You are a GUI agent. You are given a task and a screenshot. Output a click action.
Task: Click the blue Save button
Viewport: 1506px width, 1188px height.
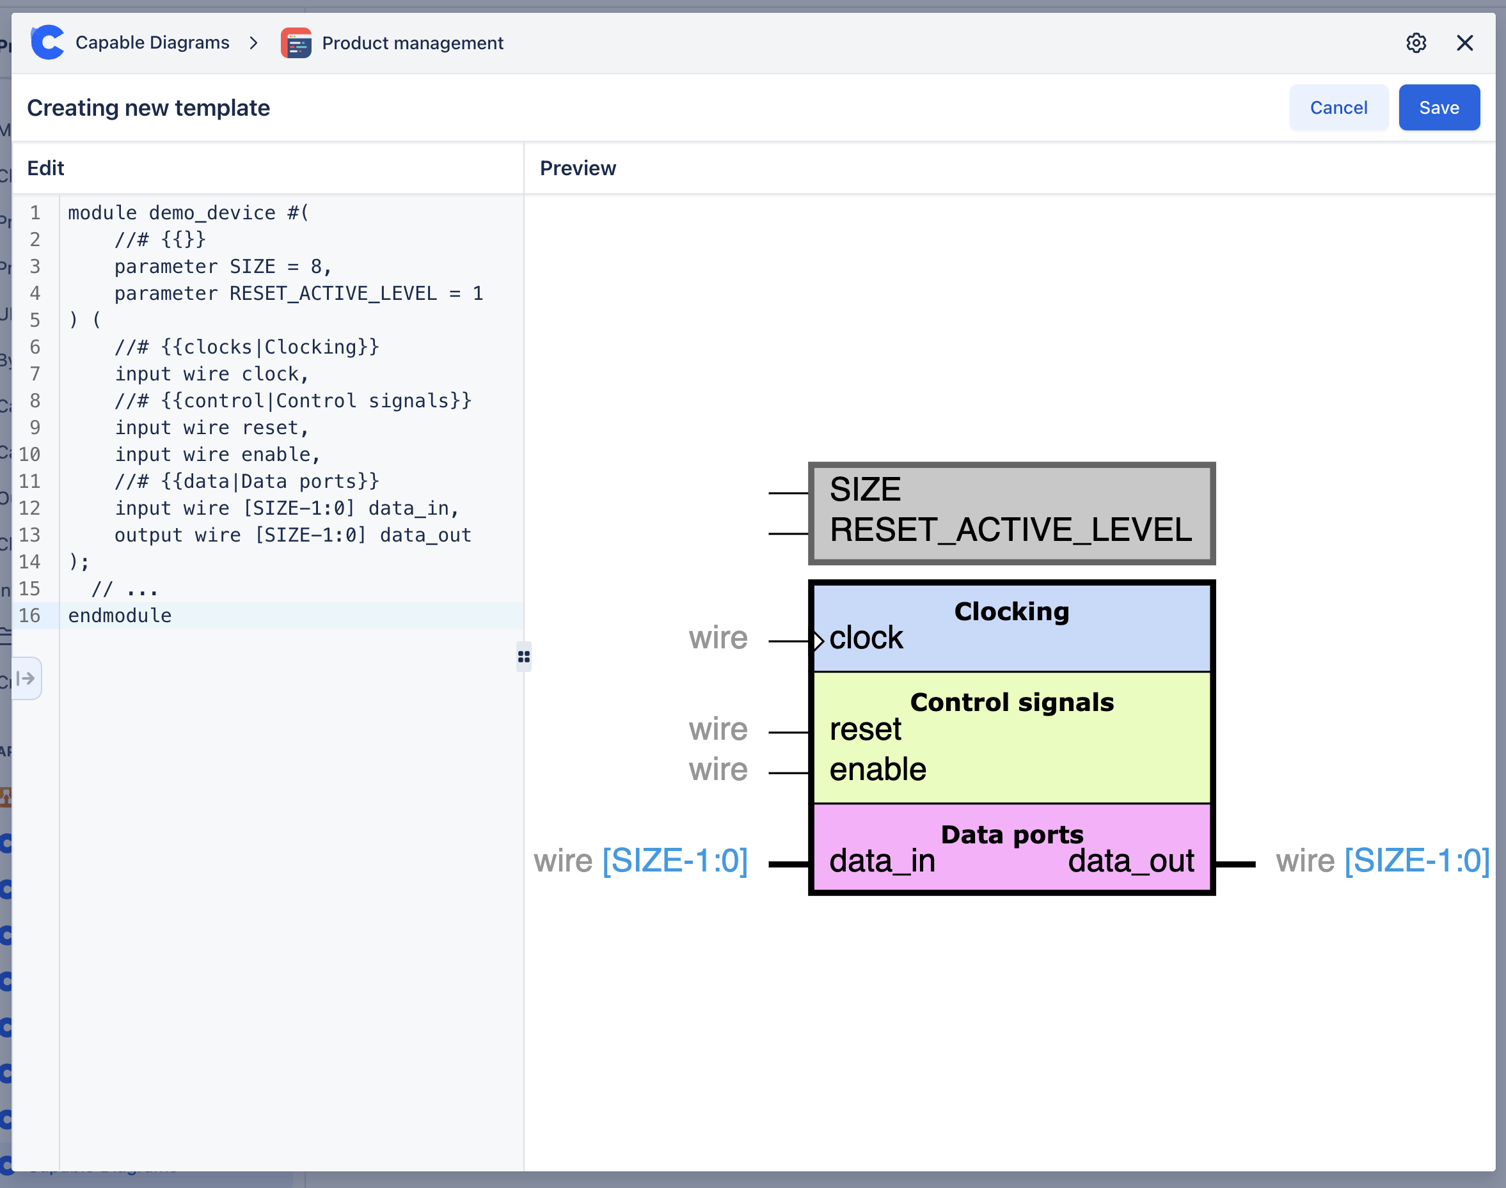[1438, 108]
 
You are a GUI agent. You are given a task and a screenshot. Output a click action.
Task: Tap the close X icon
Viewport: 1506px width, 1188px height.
[1464, 43]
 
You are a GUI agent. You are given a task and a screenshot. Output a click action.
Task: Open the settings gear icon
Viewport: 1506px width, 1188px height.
[1416, 43]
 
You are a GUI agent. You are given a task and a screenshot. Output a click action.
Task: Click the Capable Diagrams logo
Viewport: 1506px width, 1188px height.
[47, 42]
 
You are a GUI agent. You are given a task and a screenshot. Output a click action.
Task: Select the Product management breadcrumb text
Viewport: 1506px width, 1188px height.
[412, 43]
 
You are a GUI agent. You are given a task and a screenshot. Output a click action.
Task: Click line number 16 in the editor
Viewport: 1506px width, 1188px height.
[29, 616]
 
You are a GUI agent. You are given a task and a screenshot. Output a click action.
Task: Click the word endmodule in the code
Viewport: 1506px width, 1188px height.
[120, 616]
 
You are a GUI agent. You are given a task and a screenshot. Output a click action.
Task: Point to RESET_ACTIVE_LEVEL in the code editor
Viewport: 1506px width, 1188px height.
[333, 293]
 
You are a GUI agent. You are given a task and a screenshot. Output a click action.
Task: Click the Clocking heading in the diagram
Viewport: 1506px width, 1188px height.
[1011, 611]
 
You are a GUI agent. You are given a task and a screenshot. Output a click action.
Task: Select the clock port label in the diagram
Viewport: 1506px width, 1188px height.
[866, 638]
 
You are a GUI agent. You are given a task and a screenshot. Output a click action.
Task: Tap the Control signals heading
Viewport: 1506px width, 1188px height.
[1011, 703]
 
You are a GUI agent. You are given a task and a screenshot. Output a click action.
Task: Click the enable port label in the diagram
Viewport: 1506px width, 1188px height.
[878, 769]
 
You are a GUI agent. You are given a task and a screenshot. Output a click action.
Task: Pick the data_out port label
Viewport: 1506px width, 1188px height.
[1131, 861]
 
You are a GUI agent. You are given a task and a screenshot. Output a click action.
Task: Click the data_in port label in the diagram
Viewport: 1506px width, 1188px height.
[882, 861]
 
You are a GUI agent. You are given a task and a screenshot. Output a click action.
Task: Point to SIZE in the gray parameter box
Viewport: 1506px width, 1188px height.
[865, 490]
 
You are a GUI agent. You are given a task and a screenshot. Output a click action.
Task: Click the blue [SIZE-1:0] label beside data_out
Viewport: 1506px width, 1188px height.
[1416, 861]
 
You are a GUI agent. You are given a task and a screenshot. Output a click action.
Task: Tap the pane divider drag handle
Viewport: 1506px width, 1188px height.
[523, 657]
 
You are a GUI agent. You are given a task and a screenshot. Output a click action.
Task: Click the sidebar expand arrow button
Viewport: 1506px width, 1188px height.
[26, 678]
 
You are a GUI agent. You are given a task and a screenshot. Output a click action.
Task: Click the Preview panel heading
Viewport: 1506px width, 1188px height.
[578, 168]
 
